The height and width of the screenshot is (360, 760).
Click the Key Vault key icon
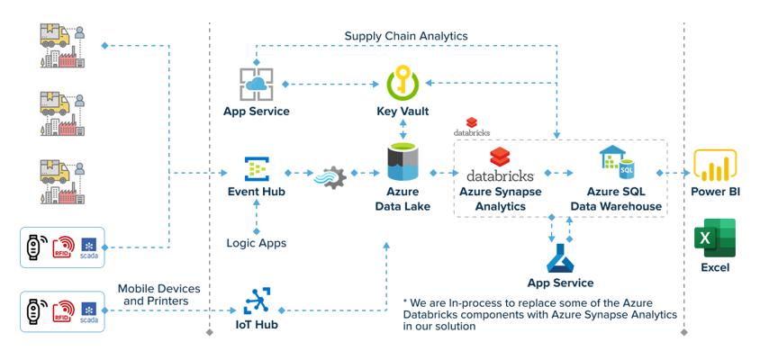pos(403,82)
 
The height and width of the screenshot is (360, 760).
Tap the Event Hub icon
pos(257,169)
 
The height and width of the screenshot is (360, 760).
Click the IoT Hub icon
pos(257,300)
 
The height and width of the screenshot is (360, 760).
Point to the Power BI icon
pos(716,168)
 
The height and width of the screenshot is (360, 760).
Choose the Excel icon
pos(715,238)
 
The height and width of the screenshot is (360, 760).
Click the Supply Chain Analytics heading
pos(405,36)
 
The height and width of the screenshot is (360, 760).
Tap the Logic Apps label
pos(257,243)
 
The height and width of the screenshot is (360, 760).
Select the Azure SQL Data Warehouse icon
pos(617,162)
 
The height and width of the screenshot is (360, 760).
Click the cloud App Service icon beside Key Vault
pos(257,84)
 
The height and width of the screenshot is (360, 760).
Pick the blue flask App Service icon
pos(559,257)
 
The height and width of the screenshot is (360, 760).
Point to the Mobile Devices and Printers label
pos(158,294)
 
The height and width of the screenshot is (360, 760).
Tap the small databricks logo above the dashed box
pos(471,127)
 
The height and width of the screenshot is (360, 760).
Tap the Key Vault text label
pos(403,112)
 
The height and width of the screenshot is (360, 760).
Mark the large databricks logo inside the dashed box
pos(499,165)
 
